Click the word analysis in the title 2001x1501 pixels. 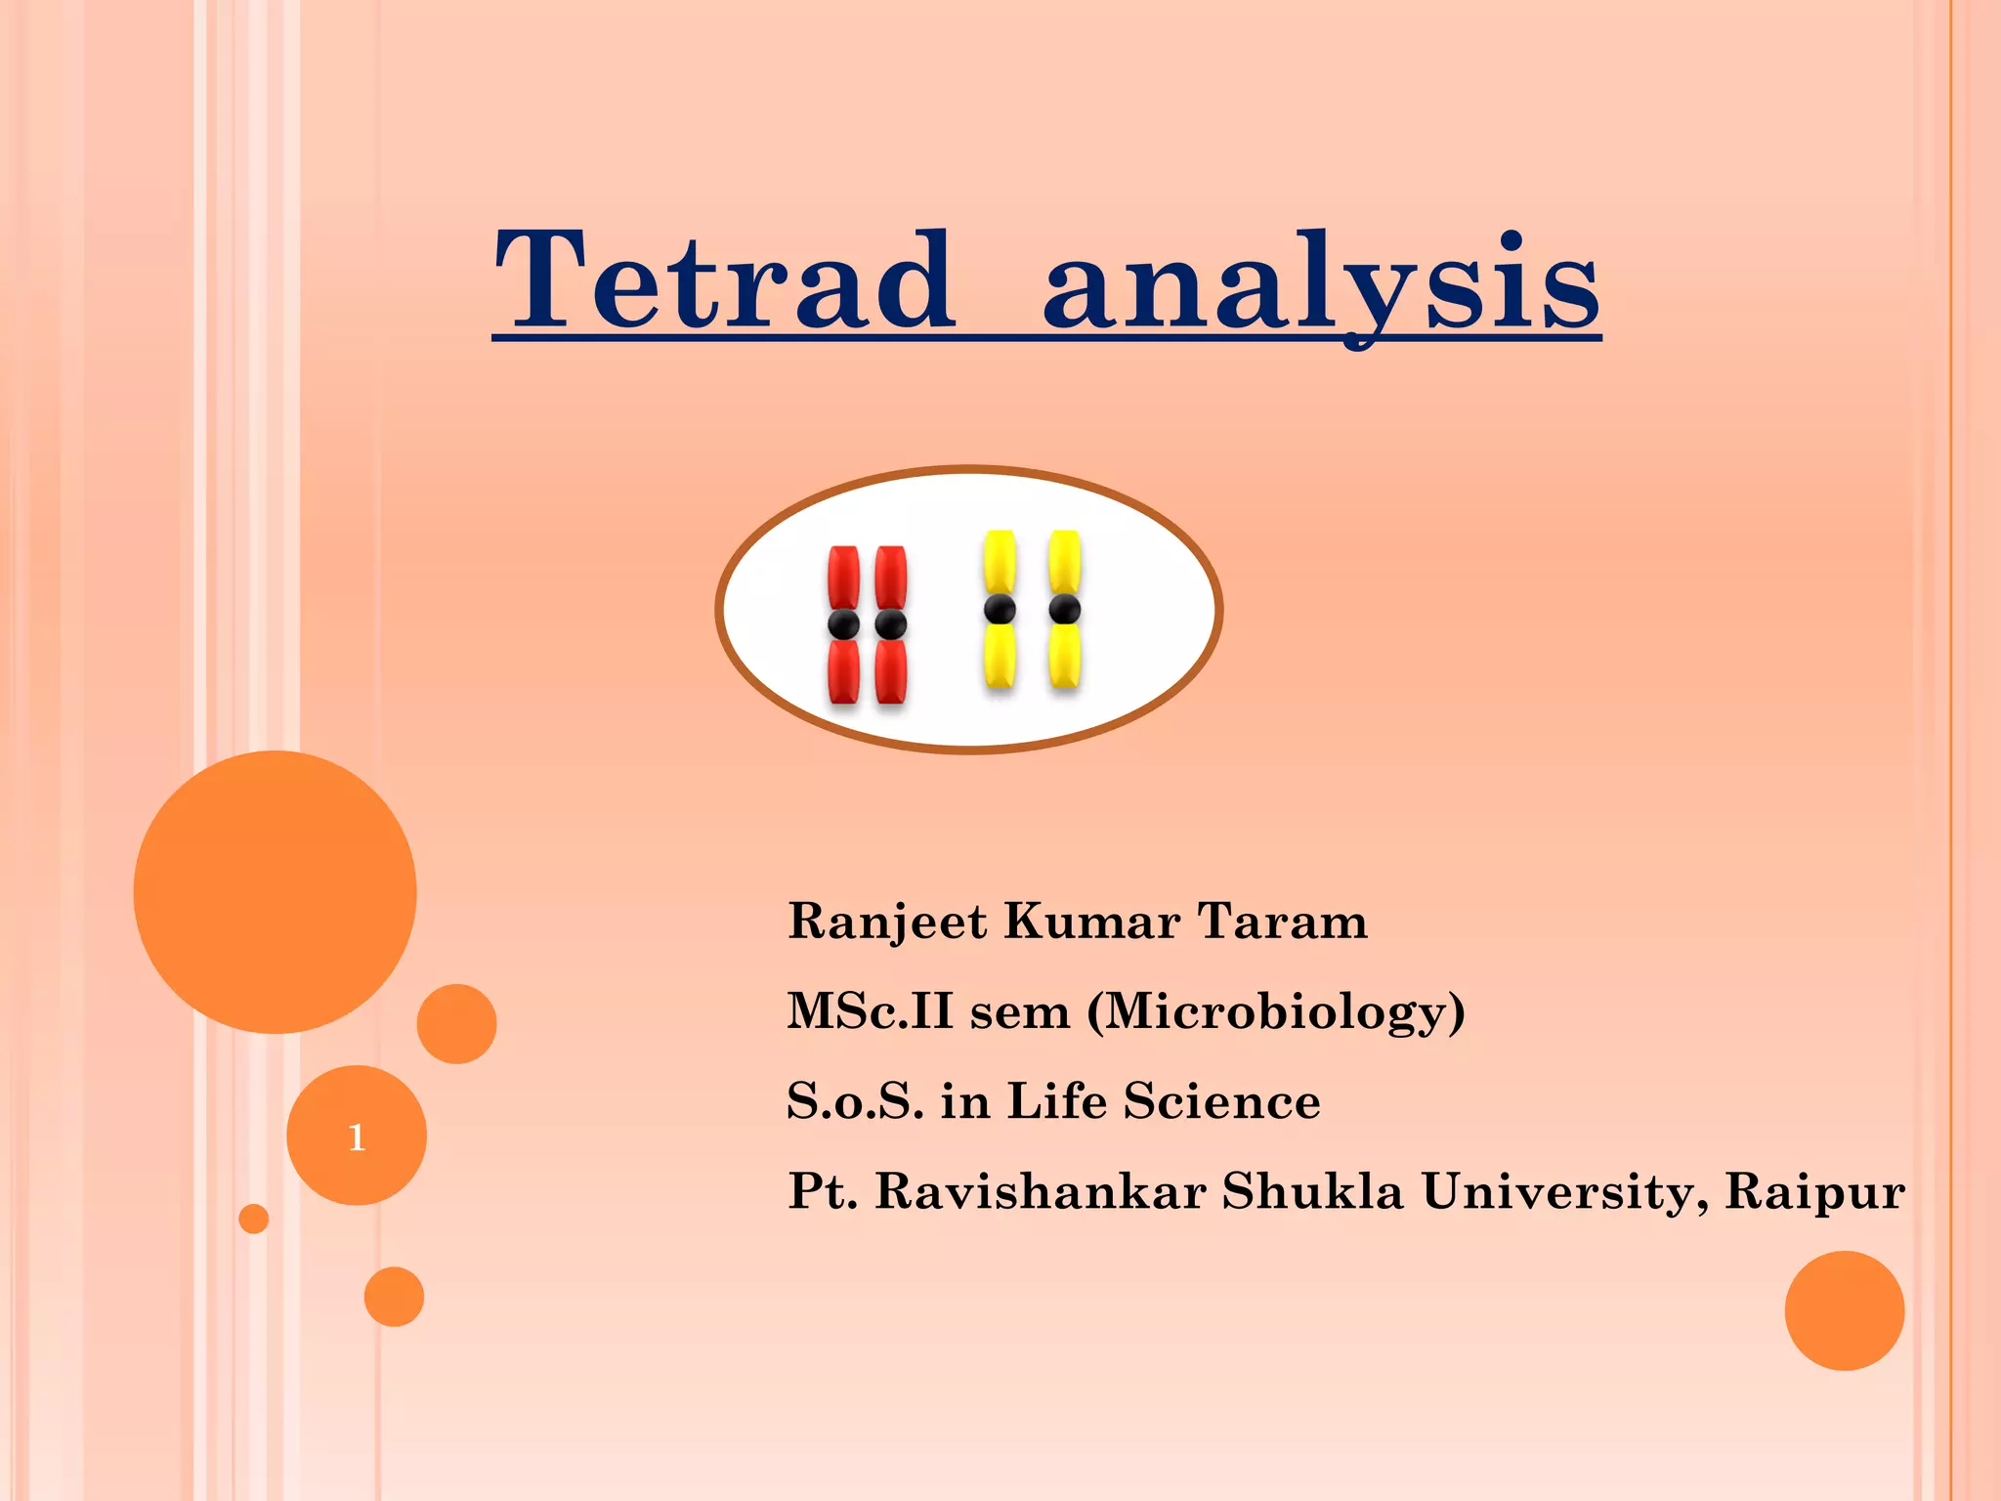1321,285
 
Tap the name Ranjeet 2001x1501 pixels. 887,922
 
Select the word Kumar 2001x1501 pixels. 1092,922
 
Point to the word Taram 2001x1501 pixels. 1282,922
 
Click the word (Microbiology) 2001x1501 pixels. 1276,1012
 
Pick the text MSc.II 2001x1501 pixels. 870,1011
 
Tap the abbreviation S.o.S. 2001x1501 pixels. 855,1101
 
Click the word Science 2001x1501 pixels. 1221,1101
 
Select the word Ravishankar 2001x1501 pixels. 1040,1191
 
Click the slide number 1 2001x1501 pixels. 357,1137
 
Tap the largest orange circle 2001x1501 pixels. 275,891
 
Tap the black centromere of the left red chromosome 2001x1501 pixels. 843,624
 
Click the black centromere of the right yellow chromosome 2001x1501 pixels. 1064,610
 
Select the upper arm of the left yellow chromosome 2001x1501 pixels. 1000,562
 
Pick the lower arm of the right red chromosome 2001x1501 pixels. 891,672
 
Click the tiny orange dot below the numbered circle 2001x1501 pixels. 254,1219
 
